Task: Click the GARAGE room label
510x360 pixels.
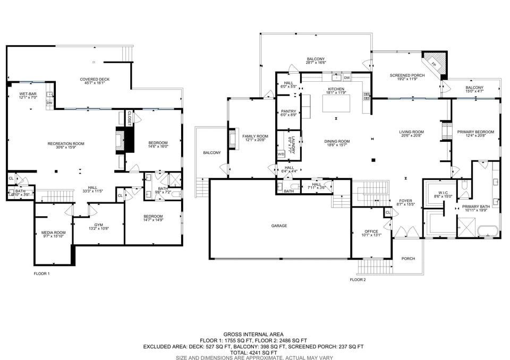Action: click(x=279, y=226)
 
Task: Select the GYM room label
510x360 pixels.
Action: click(x=99, y=227)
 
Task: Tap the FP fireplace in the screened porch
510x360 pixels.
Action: click(x=434, y=64)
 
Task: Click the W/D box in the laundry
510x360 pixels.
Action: click(x=281, y=154)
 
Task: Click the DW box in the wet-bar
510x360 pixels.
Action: click(x=49, y=102)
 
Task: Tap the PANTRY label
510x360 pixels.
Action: click(x=288, y=113)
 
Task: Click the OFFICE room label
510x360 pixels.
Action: click(x=371, y=234)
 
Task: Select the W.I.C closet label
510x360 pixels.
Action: click(x=440, y=194)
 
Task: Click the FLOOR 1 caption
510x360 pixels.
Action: click(x=41, y=273)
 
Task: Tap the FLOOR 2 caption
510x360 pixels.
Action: click(x=358, y=279)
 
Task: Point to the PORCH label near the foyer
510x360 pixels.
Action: click(x=408, y=259)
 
